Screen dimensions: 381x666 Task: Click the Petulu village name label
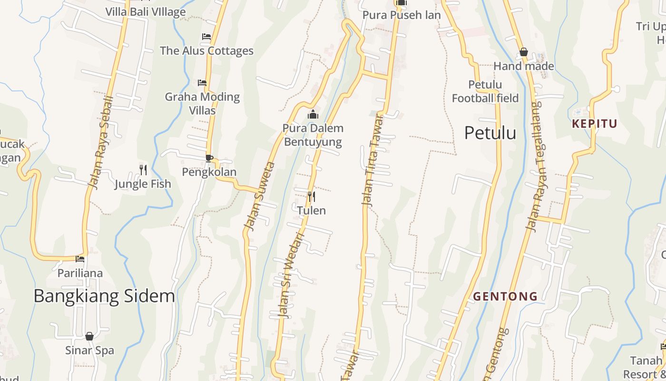point(490,133)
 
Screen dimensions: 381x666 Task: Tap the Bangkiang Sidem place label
point(104,296)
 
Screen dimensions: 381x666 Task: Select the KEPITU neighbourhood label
point(595,124)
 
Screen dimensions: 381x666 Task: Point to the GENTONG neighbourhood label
point(505,296)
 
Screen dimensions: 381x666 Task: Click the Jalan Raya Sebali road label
point(101,142)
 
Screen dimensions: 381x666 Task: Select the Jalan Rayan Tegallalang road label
point(536,167)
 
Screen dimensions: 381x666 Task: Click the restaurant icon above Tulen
point(312,196)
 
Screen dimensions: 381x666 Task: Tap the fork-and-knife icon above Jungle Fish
point(143,169)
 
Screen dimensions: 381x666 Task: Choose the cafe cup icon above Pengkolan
point(209,158)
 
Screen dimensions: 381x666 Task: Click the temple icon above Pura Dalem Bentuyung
point(313,114)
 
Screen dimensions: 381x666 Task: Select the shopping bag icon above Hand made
point(524,52)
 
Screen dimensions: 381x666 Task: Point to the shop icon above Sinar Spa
point(89,336)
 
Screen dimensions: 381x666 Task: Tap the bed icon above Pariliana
point(80,259)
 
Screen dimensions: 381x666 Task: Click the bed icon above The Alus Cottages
point(206,37)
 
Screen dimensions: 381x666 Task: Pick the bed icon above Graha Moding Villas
point(202,83)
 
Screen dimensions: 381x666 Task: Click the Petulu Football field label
point(485,91)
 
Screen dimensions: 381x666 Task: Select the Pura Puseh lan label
point(402,15)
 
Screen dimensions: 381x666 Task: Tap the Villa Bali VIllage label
point(146,12)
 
